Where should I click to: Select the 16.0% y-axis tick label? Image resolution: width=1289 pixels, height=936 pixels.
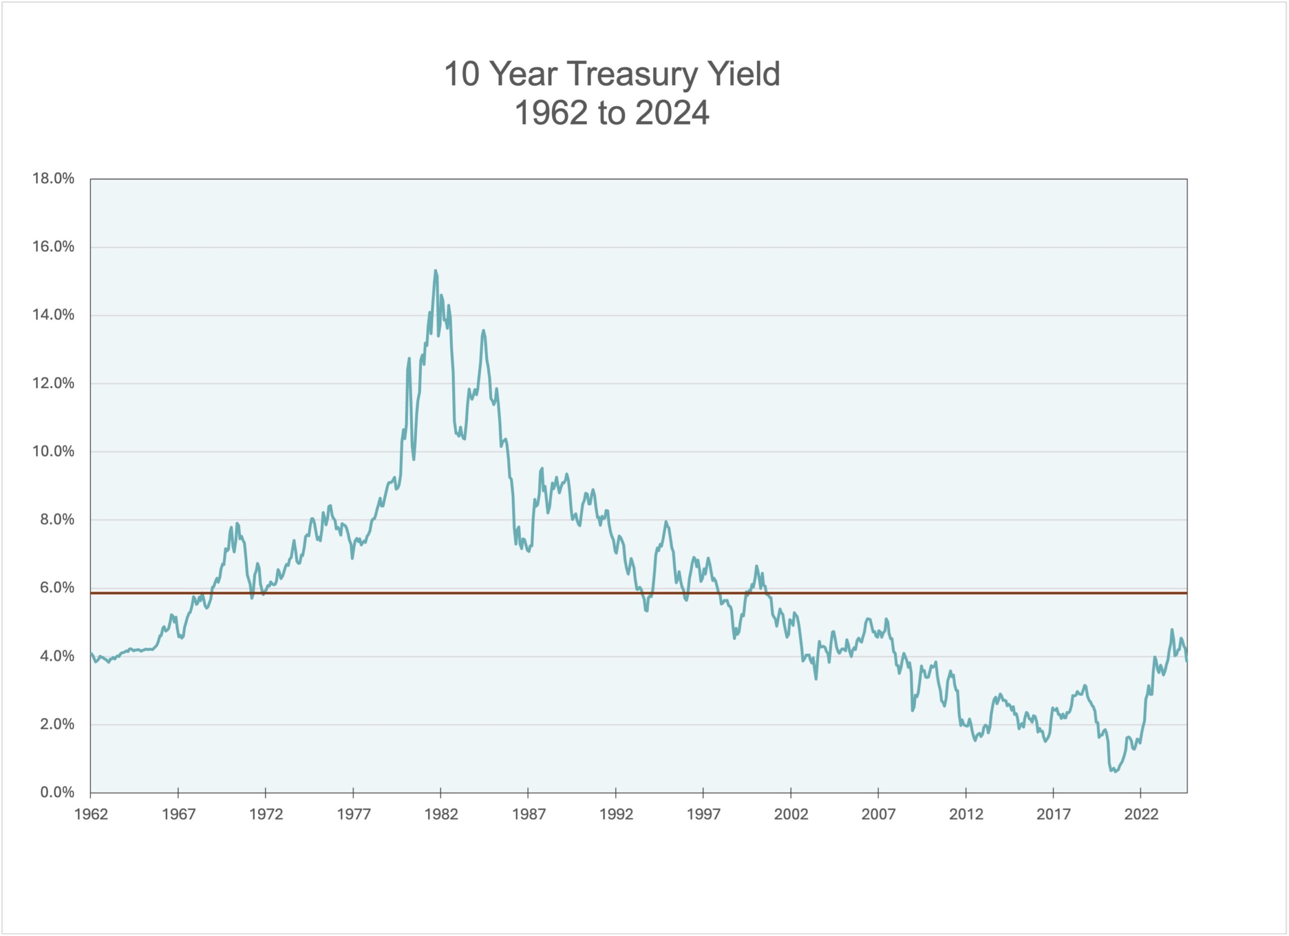click(53, 247)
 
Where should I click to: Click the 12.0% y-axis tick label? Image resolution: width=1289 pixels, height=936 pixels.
click(53, 383)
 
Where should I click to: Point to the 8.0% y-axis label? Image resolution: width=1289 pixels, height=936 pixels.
click(57, 519)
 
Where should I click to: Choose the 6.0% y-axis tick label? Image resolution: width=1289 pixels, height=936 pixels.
click(57, 587)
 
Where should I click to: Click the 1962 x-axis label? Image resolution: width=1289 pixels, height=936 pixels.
click(91, 814)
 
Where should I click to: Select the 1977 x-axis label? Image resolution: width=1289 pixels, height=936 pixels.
click(353, 814)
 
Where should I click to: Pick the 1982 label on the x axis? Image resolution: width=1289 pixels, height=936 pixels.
click(441, 814)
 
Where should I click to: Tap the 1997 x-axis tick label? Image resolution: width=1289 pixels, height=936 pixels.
click(703, 814)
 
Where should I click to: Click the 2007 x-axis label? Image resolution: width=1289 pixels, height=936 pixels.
click(879, 814)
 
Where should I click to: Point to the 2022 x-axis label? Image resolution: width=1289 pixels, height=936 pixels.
click(1141, 814)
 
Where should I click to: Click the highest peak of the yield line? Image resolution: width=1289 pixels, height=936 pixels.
click(436, 271)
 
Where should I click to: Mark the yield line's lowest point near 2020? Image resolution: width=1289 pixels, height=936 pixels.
click(1115, 772)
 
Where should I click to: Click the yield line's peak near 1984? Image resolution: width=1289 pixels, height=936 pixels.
click(484, 330)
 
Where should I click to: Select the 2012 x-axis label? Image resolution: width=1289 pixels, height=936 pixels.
click(966, 814)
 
